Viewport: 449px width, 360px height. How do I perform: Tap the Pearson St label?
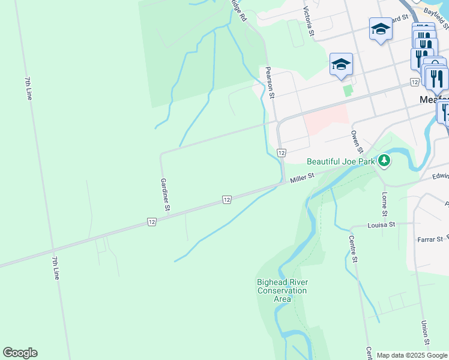click(271, 82)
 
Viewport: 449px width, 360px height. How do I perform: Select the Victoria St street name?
click(309, 22)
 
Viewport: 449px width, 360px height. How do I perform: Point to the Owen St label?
click(357, 142)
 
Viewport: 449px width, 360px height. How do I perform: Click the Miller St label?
click(303, 178)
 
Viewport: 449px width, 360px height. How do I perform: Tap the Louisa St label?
click(382, 224)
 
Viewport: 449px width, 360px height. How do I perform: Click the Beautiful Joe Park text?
click(340, 161)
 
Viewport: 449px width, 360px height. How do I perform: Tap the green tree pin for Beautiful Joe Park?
click(384, 160)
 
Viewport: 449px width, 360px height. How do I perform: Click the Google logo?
click(20, 353)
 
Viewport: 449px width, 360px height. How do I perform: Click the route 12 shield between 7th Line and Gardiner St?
click(152, 222)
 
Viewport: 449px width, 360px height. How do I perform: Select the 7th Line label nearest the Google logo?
click(56, 268)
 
